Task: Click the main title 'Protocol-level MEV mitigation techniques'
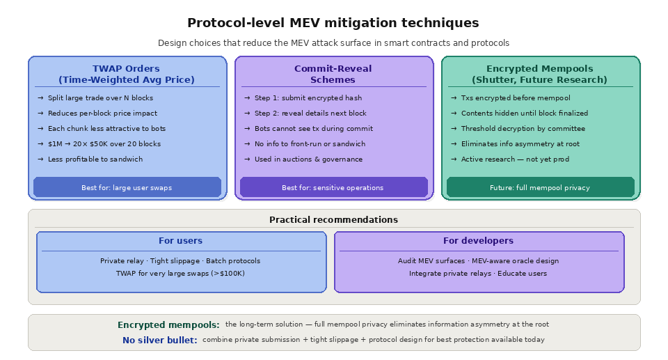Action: [333, 23]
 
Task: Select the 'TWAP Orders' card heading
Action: [126, 74]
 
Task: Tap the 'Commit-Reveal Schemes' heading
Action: [333, 74]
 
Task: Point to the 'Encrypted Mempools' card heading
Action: [539, 74]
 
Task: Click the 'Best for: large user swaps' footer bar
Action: [127, 187]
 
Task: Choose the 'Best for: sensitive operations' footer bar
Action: [333, 187]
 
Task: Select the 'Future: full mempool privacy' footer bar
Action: [539, 187]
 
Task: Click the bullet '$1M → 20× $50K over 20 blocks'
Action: [104, 144]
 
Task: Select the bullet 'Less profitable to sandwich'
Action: [95, 159]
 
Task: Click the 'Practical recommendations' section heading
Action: [333, 220]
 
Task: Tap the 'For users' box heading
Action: [180, 241]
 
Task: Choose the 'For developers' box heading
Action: [478, 241]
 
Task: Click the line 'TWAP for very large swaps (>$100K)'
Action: [180, 274]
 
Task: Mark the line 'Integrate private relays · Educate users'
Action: [478, 274]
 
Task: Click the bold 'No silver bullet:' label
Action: [159, 341]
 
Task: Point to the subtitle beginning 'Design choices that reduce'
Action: [333, 43]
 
